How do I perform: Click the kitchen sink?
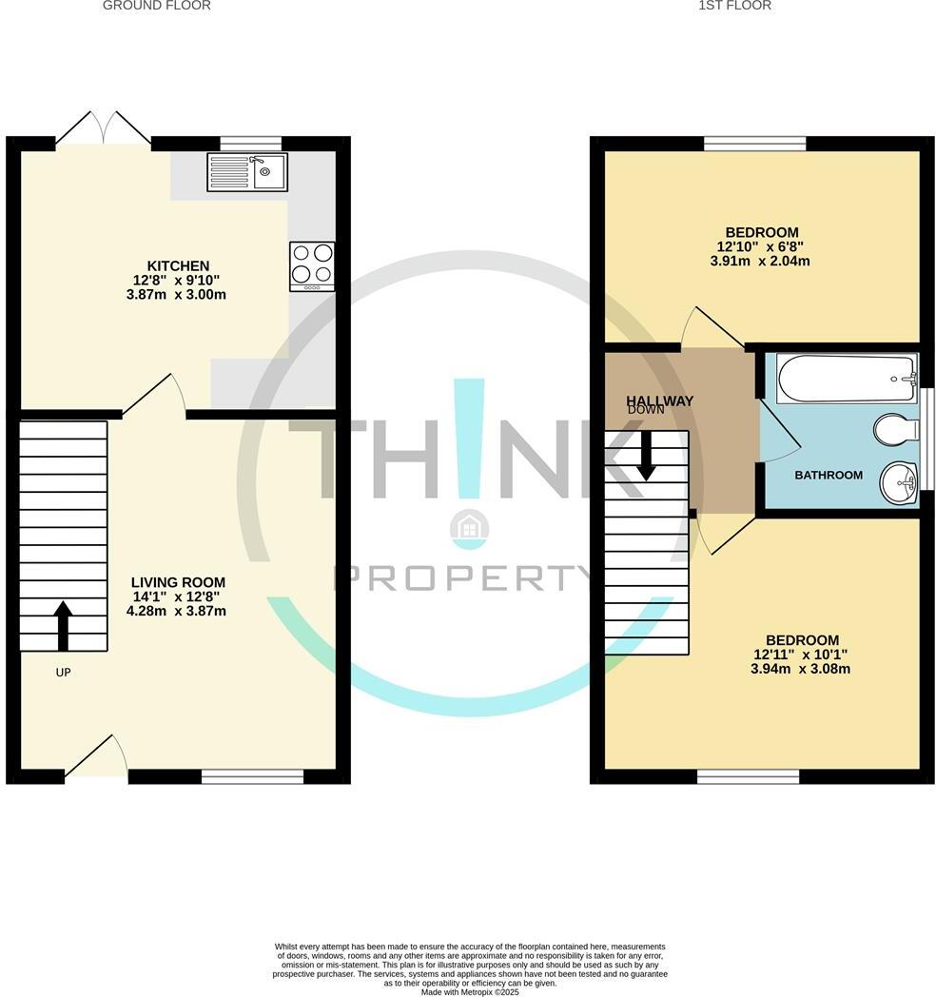click(247, 171)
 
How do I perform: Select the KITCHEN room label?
click(178, 265)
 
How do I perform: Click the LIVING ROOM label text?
click(178, 582)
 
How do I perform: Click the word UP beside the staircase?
click(63, 673)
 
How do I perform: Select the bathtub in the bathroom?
click(845, 379)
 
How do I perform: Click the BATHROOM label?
click(829, 475)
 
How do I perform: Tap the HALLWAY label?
click(659, 401)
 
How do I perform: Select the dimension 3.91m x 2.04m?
click(762, 262)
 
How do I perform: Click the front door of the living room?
click(96, 758)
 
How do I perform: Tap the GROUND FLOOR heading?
click(156, 6)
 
